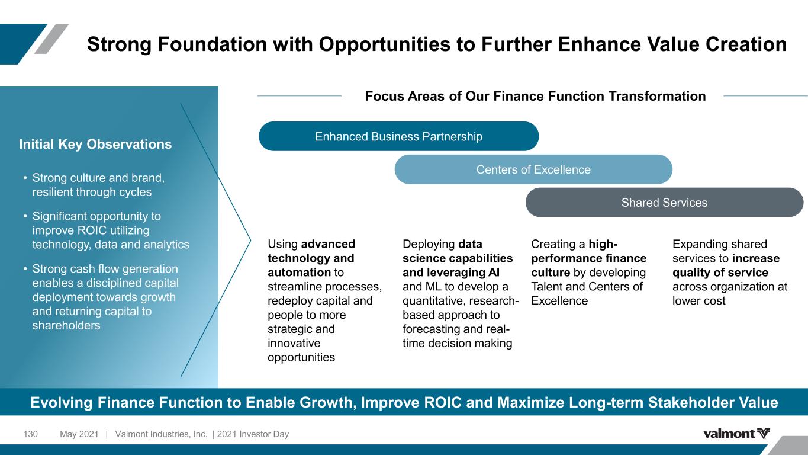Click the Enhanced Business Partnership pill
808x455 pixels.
click(398, 136)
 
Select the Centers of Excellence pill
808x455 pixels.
click(533, 169)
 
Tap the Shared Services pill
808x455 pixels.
click(664, 202)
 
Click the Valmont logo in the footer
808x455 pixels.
click(736, 433)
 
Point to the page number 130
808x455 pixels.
click(30, 434)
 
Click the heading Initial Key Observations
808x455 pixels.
click(95, 144)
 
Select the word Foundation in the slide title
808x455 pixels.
click(213, 44)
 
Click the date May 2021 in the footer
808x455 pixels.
click(79, 434)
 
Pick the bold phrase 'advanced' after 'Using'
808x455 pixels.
click(328, 244)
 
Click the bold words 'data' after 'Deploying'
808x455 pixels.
click(470, 244)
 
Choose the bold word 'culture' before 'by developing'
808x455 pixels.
click(551, 273)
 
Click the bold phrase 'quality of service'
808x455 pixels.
click(720, 273)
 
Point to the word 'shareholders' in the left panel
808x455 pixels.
click(66, 325)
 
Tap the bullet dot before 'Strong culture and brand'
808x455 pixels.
click(25, 178)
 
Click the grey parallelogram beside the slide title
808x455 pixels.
click(51, 39)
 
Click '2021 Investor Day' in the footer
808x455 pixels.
click(253, 434)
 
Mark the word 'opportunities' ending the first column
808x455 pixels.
click(301, 357)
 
